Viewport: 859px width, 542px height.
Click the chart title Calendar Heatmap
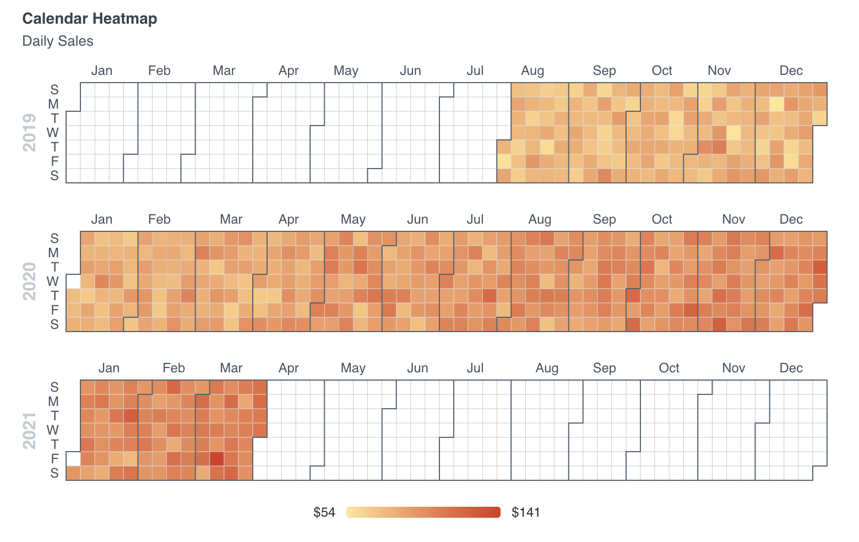(89, 19)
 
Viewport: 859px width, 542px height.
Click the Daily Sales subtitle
(58, 41)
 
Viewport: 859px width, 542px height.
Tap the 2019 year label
(29, 133)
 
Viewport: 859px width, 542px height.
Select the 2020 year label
(29, 281)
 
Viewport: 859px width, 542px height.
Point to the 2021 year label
(29, 430)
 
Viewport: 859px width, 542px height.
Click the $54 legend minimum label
(324, 512)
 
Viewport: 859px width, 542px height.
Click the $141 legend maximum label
(526, 512)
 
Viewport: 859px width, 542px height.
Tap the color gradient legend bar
(423, 512)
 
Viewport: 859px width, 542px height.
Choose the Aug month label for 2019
(532, 71)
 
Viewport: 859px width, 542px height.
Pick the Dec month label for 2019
(791, 71)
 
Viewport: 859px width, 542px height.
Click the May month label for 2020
(353, 219)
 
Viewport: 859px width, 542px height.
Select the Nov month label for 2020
(733, 219)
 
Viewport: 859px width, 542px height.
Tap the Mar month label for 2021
(231, 368)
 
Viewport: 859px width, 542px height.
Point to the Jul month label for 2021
(475, 368)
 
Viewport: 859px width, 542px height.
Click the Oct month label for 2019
(662, 71)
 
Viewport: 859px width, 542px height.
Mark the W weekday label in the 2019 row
(53, 133)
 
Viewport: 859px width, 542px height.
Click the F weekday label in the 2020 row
(55, 310)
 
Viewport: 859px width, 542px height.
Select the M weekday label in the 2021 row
(53, 402)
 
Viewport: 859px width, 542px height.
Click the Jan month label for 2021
(109, 368)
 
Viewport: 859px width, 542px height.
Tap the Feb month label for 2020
(159, 219)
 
